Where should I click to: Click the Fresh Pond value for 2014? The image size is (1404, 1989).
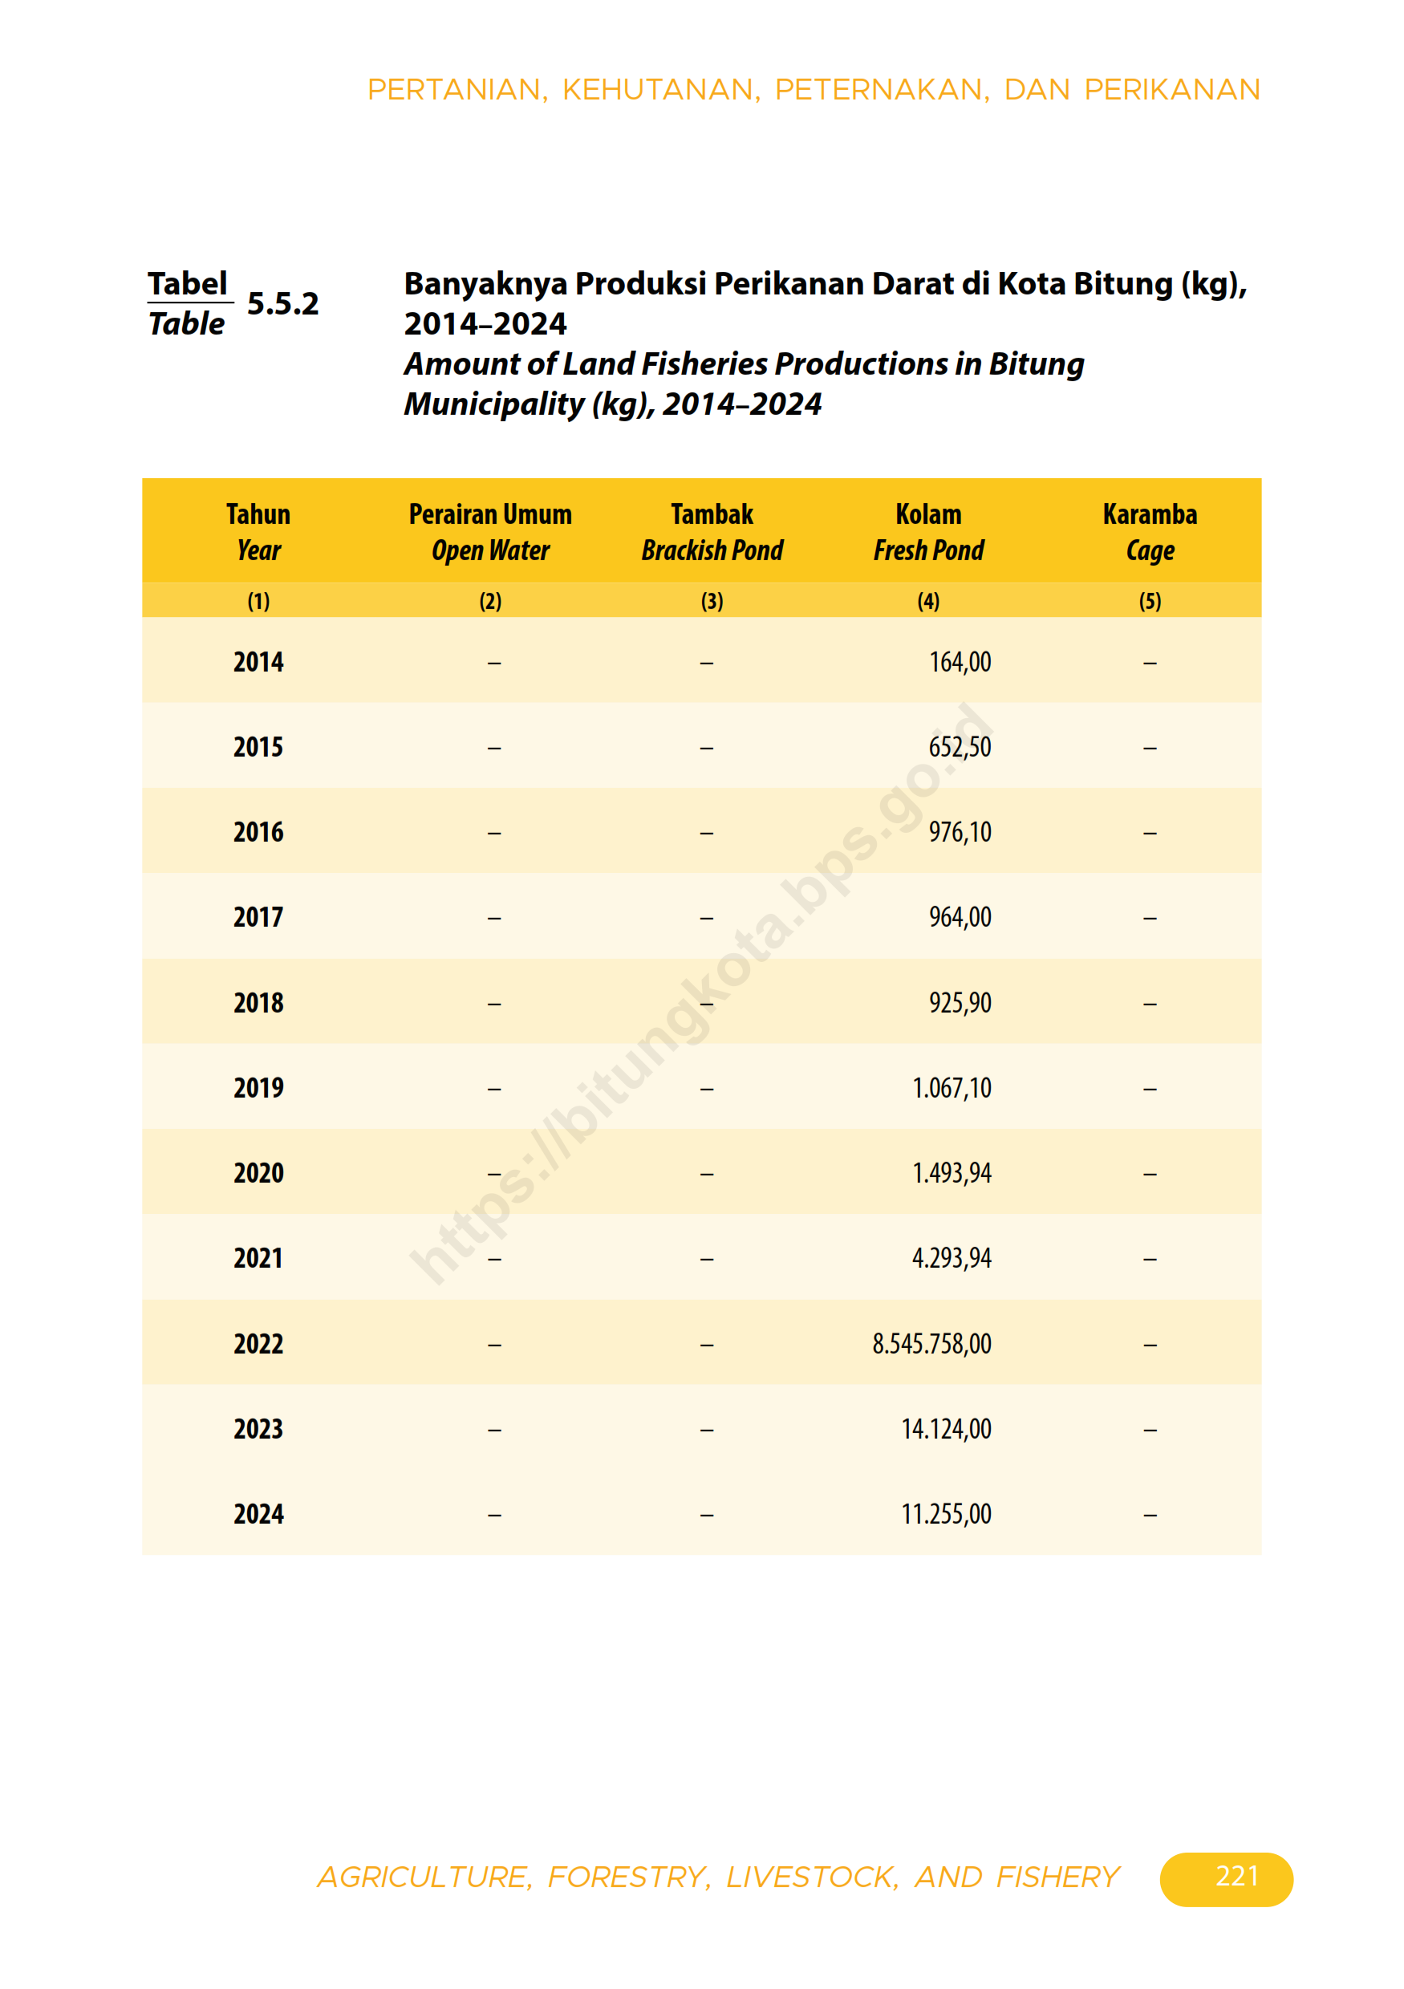pyautogui.click(x=960, y=663)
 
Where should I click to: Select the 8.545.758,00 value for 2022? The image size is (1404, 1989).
pyautogui.click(x=931, y=1344)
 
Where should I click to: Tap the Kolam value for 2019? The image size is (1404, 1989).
pyautogui.click(x=951, y=1088)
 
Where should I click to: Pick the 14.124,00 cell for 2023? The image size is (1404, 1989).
pyautogui.click(x=946, y=1430)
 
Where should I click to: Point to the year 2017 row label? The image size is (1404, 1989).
pyautogui.click(x=258, y=917)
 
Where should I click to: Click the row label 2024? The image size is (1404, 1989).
pyautogui.click(x=258, y=1514)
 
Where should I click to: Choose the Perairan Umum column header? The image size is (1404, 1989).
pyautogui.click(x=490, y=514)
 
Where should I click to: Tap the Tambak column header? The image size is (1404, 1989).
pyautogui.click(x=712, y=514)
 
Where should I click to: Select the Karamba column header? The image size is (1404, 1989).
pyautogui.click(x=1150, y=514)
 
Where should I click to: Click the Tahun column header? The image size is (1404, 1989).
pyautogui.click(x=258, y=514)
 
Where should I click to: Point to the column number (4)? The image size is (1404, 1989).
pyautogui.click(x=928, y=601)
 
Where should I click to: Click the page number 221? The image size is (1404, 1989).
pyautogui.click(x=1236, y=1876)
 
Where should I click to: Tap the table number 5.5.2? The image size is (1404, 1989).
pyautogui.click(x=282, y=304)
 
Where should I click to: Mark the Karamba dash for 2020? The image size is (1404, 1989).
pyautogui.click(x=1150, y=1175)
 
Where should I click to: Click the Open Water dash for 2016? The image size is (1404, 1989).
pyautogui.click(x=493, y=834)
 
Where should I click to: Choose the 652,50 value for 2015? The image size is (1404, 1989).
pyautogui.click(x=960, y=748)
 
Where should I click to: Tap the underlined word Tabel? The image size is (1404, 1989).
pyautogui.click(x=187, y=284)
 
